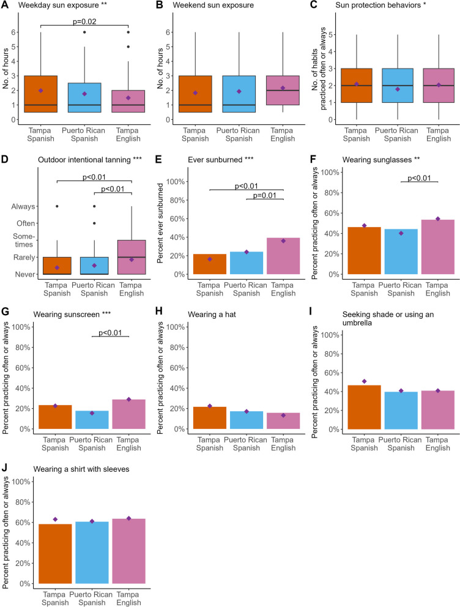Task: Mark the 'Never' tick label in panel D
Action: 26,274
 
